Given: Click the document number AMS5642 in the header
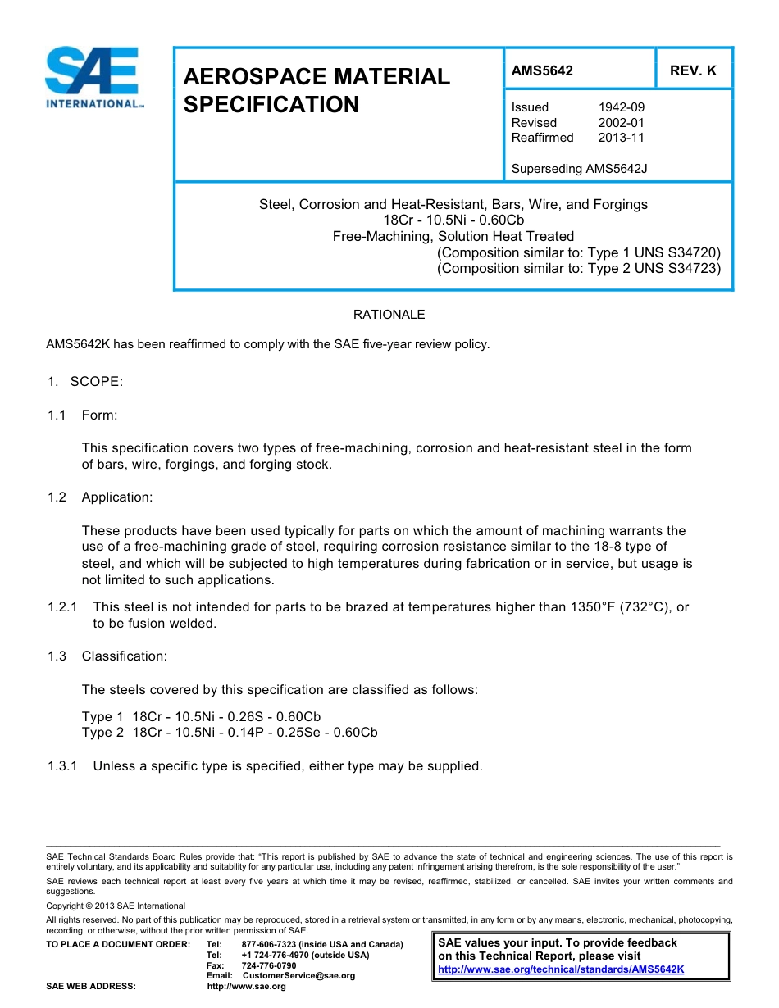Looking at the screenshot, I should [542, 70].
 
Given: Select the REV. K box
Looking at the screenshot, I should [693, 70].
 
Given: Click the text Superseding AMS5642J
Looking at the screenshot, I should [579, 169].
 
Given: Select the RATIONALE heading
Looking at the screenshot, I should [389, 315].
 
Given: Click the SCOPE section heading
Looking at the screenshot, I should [96, 382].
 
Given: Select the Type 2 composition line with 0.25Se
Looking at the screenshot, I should [230, 732].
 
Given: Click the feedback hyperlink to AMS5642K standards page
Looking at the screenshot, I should [561, 969].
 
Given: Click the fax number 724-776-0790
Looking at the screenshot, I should [269, 965].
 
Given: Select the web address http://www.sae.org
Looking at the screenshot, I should [246, 987].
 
